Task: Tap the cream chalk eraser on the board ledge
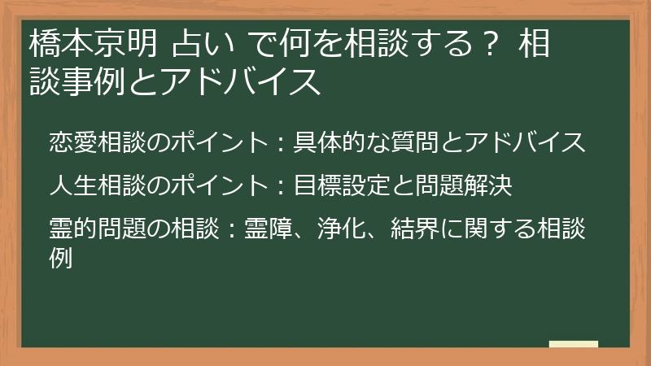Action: tap(573, 344)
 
